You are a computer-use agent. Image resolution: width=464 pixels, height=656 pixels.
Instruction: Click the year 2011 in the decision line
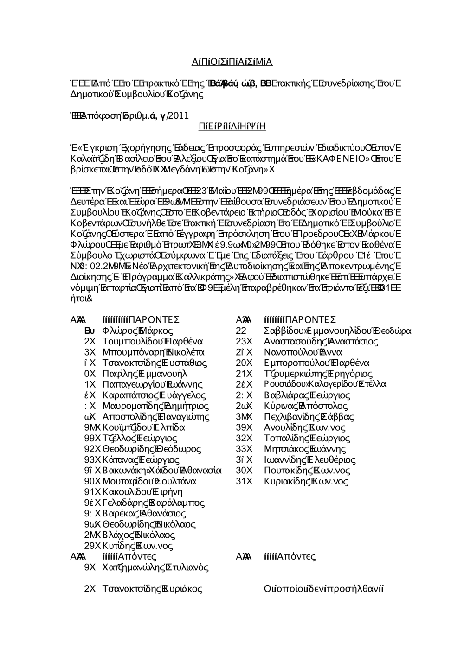pos(178,115)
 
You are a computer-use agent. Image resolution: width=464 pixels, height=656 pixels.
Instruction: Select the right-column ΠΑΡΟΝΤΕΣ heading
pos(310,320)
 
